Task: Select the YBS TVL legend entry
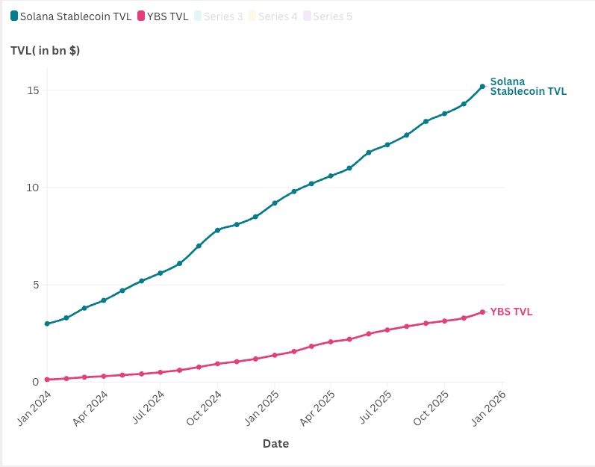[163, 16]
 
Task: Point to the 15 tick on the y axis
[33, 90]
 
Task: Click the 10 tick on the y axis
[33, 188]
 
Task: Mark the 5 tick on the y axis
[35, 285]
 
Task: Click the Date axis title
[275, 444]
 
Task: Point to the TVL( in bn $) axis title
[45, 51]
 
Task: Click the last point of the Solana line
[482, 87]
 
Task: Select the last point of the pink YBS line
[482, 312]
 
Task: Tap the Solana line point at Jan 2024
[47, 324]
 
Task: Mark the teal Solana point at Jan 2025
[275, 203]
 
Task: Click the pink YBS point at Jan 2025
[275, 355]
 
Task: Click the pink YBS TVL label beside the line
[511, 312]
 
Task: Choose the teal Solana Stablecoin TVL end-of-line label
[528, 87]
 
